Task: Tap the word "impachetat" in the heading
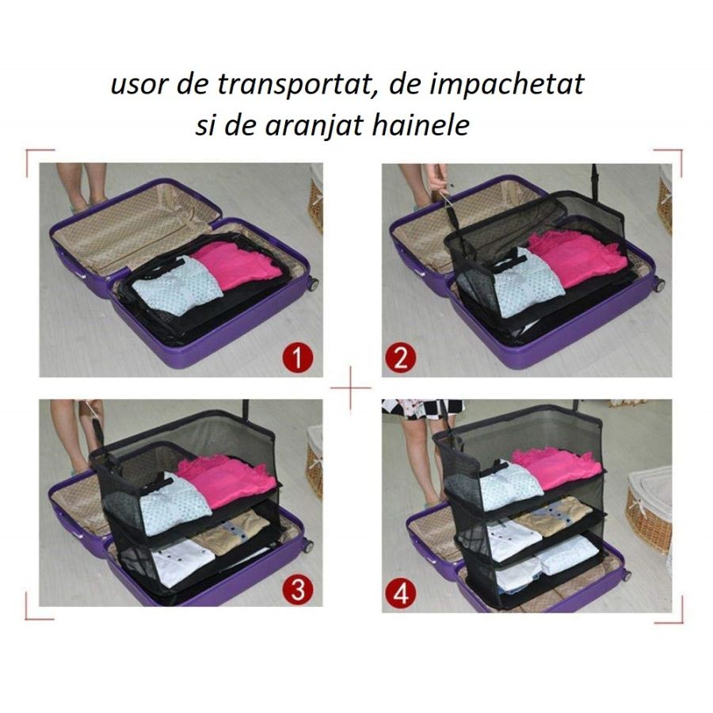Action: tap(507, 85)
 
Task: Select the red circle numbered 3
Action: tap(297, 589)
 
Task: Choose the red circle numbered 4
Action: tap(400, 593)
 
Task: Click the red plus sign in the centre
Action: tap(349, 389)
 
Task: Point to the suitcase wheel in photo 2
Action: tap(658, 284)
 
